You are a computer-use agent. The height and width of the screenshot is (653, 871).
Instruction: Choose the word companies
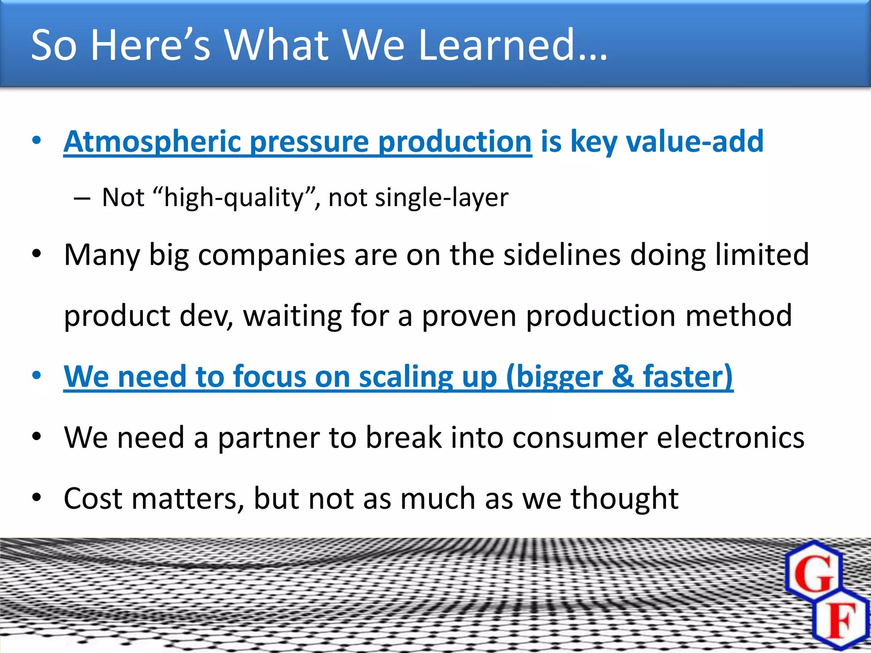coord(271,255)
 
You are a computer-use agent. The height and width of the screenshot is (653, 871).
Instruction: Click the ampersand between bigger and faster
coord(623,376)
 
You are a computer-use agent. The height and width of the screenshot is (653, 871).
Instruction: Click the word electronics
coord(730,437)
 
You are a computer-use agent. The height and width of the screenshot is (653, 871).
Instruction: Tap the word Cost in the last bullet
coord(93,498)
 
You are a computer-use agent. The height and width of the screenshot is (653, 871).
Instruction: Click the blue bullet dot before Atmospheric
coord(37,140)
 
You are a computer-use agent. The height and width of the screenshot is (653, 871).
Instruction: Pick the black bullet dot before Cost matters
coord(37,497)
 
